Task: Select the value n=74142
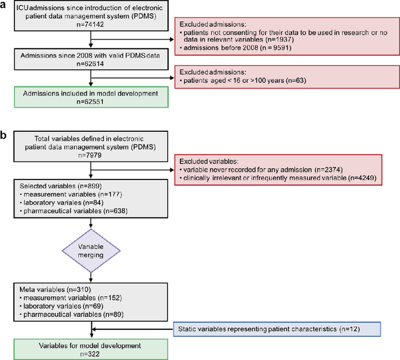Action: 91,30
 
